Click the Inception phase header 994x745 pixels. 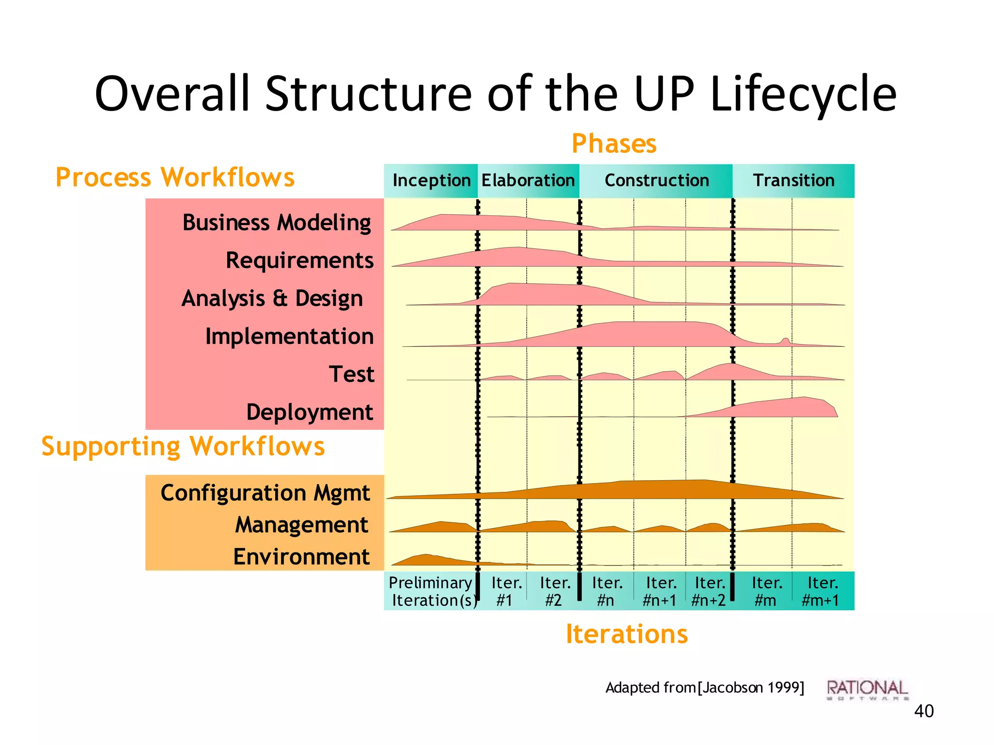coord(431,180)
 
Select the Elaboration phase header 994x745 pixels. coord(528,180)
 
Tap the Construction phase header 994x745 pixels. coord(656,180)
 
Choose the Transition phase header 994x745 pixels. coord(794,180)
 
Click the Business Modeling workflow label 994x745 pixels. coord(277,223)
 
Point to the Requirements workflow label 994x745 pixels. coord(299,261)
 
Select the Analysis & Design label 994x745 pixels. coord(272,298)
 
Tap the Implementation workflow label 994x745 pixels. coord(289,336)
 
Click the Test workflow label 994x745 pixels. coord(351,374)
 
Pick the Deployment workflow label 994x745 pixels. coord(310,412)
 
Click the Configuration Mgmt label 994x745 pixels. coord(265,493)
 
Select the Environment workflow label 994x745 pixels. coord(301,557)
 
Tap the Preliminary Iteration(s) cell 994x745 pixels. coord(431,591)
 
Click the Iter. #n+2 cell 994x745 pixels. coord(709,591)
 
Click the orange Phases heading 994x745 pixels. coord(613,144)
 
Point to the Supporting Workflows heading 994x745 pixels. coord(183,446)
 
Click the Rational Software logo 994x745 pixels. coord(867,689)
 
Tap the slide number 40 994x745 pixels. coord(923,711)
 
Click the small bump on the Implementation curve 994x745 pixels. coord(785,341)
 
